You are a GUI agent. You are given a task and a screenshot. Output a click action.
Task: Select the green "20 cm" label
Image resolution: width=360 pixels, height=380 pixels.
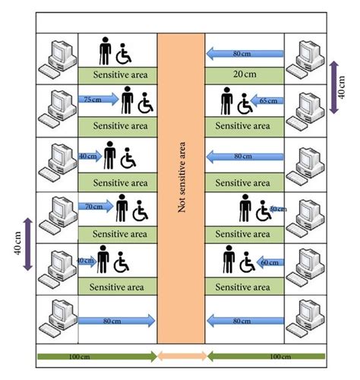point(244,75)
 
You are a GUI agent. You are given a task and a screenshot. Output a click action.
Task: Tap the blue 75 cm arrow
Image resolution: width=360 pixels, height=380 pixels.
point(98,99)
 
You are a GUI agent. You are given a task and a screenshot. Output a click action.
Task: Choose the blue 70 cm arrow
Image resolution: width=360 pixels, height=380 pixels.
point(96,205)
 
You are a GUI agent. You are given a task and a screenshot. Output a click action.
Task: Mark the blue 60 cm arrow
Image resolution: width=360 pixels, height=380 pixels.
point(269,261)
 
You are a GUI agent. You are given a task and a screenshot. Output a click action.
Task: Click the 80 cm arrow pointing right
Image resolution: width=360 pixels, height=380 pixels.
point(117,321)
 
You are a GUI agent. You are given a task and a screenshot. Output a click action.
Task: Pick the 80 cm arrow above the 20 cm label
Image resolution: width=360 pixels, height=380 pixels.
point(245,53)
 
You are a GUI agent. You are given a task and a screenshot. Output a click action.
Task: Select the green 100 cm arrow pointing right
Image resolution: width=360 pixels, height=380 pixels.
point(96,356)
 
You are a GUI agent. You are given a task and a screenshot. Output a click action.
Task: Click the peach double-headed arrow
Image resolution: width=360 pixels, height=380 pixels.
point(181,356)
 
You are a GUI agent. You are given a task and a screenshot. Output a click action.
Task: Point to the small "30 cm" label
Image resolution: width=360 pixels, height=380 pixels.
point(277,208)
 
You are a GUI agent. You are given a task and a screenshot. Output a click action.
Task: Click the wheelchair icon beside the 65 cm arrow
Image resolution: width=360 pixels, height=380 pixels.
point(245,102)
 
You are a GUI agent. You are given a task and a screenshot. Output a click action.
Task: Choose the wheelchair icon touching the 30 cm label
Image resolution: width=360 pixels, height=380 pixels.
point(266,211)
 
